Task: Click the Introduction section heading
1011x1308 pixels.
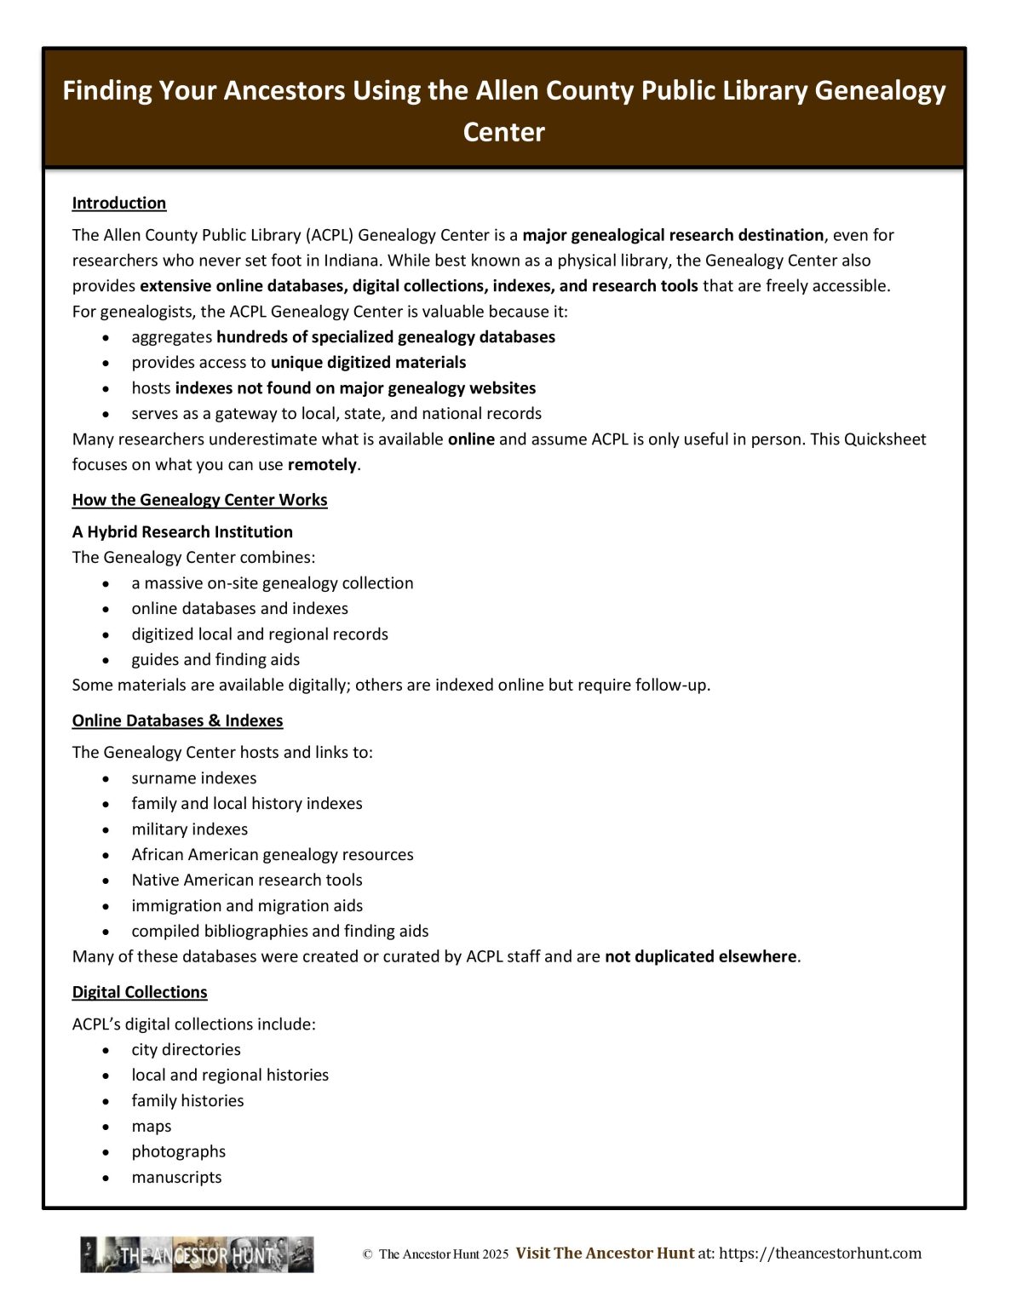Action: [118, 203]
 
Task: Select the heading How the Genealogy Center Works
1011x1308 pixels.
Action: [199, 500]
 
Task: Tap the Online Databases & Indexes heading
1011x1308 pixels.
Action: [177, 720]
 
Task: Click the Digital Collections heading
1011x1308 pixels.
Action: [140, 992]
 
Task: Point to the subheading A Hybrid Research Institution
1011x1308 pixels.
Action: [182, 531]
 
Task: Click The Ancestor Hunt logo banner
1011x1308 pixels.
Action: [197, 1254]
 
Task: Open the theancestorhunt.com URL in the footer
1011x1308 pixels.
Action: [820, 1253]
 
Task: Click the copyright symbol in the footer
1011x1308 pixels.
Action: [367, 1254]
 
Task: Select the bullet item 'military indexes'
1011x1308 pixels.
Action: [189, 829]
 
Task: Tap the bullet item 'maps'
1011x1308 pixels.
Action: [151, 1126]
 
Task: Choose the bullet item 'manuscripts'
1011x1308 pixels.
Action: [176, 1177]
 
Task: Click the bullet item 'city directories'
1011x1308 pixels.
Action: [186, 1049]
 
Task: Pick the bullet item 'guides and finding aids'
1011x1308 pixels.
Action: [215, 659]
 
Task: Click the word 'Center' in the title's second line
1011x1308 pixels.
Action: [503, 132]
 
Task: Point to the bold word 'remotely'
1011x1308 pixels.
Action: [322, 465]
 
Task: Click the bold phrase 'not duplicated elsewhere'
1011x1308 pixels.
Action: [701, 956]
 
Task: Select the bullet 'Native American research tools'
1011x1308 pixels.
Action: [246, 880]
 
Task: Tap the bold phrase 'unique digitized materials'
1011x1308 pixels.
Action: [368, 362]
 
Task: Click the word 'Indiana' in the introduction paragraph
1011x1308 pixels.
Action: [351, 261]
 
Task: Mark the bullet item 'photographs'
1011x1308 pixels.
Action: [178, 1151]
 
